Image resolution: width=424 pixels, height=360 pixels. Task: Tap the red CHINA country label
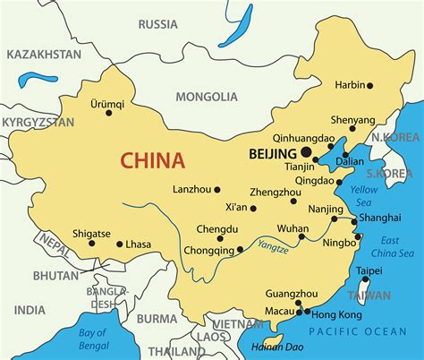153,161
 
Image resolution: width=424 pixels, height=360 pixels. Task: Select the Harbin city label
350,85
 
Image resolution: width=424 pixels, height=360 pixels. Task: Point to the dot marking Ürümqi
109,112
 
